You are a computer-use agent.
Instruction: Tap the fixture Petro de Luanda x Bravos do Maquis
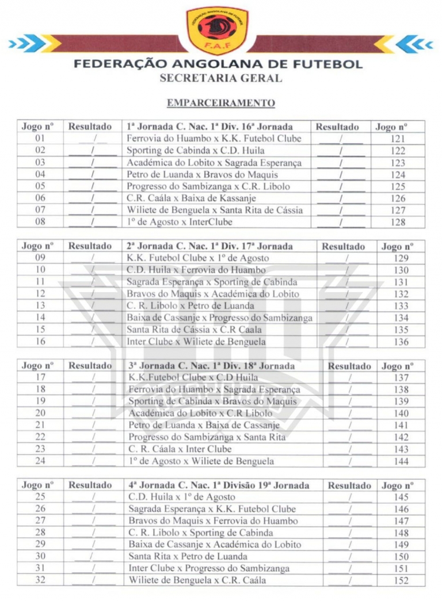pyautogui.click(x=203, y=174)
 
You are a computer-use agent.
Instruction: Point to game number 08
pyautogui.click(x=40, y=222)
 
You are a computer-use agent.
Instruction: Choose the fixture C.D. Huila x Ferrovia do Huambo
pyautogui.click(x=196, y=270)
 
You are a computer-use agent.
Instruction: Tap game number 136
pyautogui.click(x=402, y=342)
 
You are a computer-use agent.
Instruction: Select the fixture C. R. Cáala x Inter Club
pyautogui.click(x=180, y=449)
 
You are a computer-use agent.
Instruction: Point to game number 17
pyautogui.click(x=40, y=378)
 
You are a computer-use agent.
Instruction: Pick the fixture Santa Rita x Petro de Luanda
pyautogui.click(x=188, y=556)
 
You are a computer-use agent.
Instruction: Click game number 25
pyautogui.click(x=40, y=497)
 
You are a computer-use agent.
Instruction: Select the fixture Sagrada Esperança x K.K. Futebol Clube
pyautogui.click(x=212, y=509)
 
